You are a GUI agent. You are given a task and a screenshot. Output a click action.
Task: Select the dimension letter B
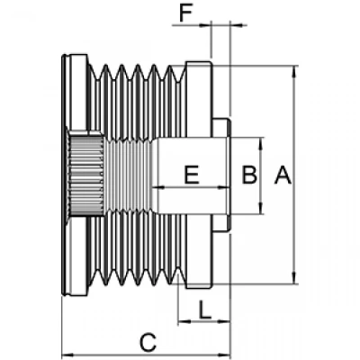click(x=249, y=175)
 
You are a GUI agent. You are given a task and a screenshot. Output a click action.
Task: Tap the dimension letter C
click(x=148, y=342)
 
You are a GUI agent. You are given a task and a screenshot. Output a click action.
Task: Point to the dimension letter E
click(x=192, y=175)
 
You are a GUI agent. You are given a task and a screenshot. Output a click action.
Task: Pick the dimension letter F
click(x=185, y=13)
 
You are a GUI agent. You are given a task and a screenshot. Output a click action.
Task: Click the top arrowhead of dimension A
click(x=294, y=70)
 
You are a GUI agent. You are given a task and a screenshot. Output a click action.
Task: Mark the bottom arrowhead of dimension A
click(x=294, y=278)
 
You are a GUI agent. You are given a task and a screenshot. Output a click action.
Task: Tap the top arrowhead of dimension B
click(x=261, y=143)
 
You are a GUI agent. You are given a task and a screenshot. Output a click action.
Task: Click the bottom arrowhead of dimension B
click(x=261, y=208)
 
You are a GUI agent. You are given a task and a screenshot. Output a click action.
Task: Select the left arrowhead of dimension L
click(x=184, y=322)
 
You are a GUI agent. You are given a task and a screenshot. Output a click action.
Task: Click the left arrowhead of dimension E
click(x=158, y=188)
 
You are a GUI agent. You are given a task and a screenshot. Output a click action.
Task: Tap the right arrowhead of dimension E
click(x=222, y=188)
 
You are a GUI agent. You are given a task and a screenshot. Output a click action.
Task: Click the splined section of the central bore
click(x=85, y=175)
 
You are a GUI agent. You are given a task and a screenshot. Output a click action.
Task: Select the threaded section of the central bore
click(x=129, y=175)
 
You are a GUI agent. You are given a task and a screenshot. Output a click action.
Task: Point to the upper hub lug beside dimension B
click(x=221, y=128)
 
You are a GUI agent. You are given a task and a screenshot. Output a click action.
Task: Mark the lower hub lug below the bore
click(x=221, y=222)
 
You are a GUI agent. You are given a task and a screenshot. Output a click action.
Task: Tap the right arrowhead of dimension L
click(x=224, y=322)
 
